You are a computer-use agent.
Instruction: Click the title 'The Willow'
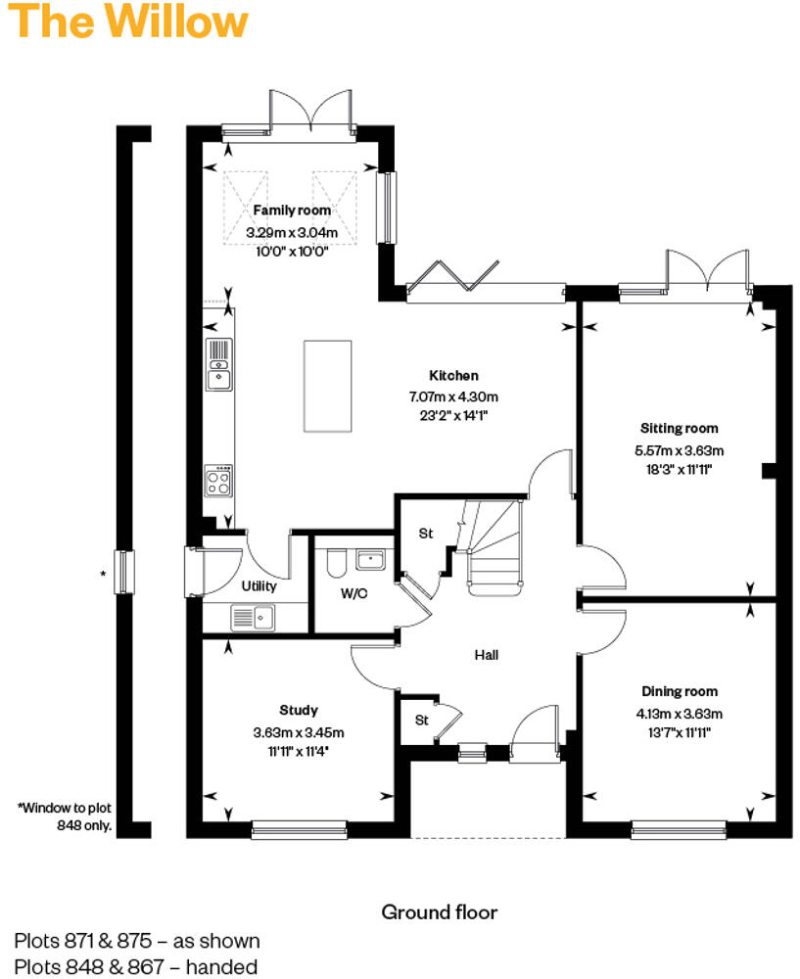pyautogui.click(x=128, y=22)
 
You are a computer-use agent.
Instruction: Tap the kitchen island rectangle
pyautogui.click(x=327, y=385)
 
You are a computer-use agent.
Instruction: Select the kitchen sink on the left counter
pyautogui.click(x=218, y=362)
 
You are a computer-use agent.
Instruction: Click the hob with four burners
pyautogui.click(x=218, y=480)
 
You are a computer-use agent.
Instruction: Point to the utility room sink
pyautogui.click(x=253, y=617)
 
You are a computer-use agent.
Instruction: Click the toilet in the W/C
pyautogui.click(x=333, y=565)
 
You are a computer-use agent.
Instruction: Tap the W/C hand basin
pyautogui.click(x=371, y=560)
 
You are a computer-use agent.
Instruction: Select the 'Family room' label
pyautogui.click(x=292, y=210)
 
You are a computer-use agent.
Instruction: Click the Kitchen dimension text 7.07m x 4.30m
pyautogui.click(x=453, y=396)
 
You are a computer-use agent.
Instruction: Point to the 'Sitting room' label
pyautogui.click(x=679, y=428)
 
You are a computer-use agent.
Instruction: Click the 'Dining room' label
pyautogui.click(x=680, y=691)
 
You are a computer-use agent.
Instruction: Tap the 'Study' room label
pyautogui.click(x=298, y=710)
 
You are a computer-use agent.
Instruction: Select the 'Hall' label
pyautogui.click(x=487, y=655)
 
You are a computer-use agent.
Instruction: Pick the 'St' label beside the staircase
pyautogui.click(x=425, y=534)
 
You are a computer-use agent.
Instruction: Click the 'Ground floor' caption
pyautogui.click(x=439, y=912)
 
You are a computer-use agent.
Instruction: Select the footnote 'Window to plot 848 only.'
pyautogui.click(x=66, y=816)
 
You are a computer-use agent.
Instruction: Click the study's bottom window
pyautogui.click(x=298, y=831)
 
